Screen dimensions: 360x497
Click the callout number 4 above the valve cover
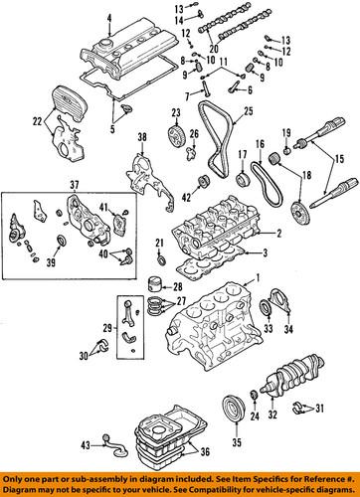tap(109, 19)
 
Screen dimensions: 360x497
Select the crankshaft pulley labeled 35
tap(234, 410)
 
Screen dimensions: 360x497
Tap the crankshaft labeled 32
tap(291, 372)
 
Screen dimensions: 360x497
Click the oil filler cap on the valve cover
tap(106, 43)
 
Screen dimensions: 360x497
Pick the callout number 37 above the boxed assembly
tap(75, 186)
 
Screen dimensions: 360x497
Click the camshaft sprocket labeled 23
tap(176, 137)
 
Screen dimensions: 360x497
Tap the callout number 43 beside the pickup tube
tap(86, 445)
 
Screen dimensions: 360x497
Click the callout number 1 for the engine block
tap(257, 277)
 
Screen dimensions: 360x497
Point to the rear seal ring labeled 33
tap(267, 307)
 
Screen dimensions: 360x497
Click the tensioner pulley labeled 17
tap(244, 178)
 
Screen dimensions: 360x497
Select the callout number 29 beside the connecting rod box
tap(107, 329)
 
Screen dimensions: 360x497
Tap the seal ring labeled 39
tap(62, 241)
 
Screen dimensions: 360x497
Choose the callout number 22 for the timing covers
tap(38, 121)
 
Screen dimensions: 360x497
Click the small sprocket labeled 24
tap(255, 396)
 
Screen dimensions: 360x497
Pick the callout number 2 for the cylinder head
tap(279, 234)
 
